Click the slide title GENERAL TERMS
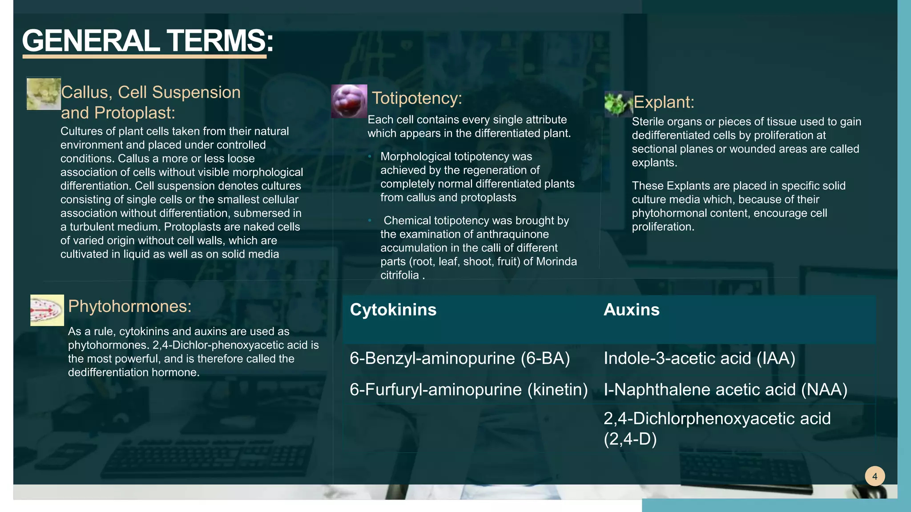coord(147,41)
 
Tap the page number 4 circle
coord(875,476)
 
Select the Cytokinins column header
coord(393,310)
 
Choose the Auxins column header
coord(631,310)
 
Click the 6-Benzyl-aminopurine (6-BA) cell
coord(460,358)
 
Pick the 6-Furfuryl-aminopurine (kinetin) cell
coord(468,390)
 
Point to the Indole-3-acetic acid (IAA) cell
coord(699,358)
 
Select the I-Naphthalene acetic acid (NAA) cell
coord(725,390)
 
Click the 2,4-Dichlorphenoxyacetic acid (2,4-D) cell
coord(717,428)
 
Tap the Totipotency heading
coord(417,98)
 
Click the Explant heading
coord(663,102)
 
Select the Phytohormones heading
coord(129,306)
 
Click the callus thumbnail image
coord(44,94)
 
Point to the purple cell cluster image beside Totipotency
coord(349,101)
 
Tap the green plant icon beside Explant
coord(618,104)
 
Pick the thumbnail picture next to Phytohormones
coord(47,310)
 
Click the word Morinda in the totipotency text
coord(556,261)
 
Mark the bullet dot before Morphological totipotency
coord(370,156)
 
